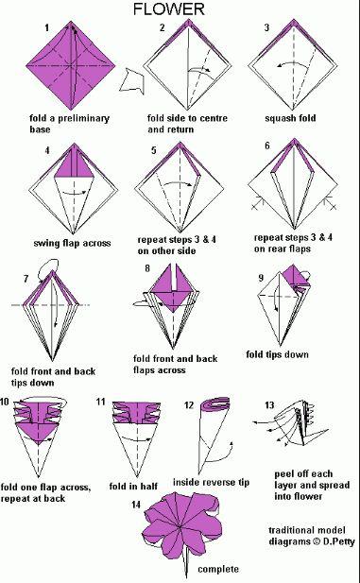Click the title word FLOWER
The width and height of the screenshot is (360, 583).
pyautogui.click(x=169, y=9)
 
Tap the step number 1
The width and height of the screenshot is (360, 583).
pyautogui.click(x=46, y=27)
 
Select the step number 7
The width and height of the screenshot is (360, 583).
pyautogui.click(x=26, y=279)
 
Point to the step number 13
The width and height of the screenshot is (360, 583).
pyautogui.click(x=269, y=405)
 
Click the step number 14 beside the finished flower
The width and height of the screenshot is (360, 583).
pyautogui.click(x=136, y=505)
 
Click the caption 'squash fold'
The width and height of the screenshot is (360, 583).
pyautogui.click(x=290, y=118)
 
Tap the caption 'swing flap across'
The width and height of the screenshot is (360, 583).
pyautogui.click(x=72, y=243)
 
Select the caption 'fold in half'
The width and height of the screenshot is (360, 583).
pyautogui.click(x=133, y=487)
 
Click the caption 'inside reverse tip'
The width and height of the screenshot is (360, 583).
pyautogui.click(x=211, y=483)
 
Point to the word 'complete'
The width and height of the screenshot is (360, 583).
pyautogui.click(x=218, y=569)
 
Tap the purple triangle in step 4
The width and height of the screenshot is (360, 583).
pyautogui.click(x=74, y=166)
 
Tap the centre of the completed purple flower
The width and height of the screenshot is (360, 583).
pyautogui.click(x=181, y=527)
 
